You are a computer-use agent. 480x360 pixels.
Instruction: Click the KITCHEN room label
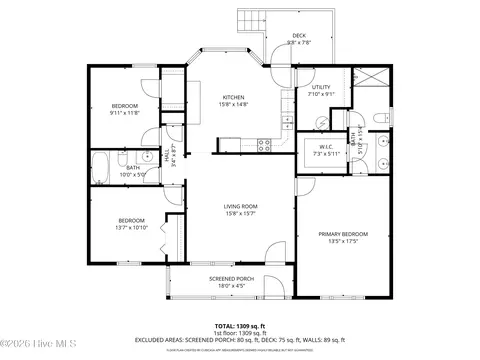(234, 97)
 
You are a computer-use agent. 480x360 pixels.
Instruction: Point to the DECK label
(299, 35)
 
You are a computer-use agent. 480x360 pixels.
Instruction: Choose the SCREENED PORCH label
(231, 279)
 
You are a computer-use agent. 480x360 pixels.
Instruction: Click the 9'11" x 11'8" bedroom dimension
(125, 113)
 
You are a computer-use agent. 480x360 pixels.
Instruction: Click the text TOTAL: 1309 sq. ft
(239, 325)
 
